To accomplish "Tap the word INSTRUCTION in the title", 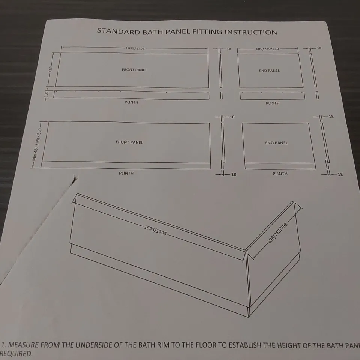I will (250, 32).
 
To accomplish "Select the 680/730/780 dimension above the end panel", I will (267, 49).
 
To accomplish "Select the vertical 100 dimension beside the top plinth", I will (46, 94).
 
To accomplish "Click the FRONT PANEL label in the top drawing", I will (134, 70).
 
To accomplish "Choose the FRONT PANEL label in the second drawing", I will (129, 142).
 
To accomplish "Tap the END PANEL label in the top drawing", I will (269, 70).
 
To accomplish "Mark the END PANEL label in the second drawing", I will (276, 143).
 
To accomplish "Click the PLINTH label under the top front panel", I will (131, 102).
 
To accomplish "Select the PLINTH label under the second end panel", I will (280, 174).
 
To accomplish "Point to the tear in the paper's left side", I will (74, 181).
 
